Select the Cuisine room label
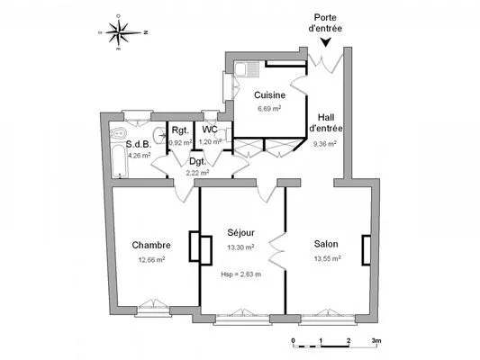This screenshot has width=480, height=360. point(270,95)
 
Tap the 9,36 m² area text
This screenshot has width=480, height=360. point(325,143)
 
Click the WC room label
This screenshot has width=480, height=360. point(208,130)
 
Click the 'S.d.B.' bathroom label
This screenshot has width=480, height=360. point(138,144)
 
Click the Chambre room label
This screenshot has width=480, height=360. point(151,246)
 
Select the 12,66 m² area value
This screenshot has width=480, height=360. point(151,260)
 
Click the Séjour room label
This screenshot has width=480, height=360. point(241,232)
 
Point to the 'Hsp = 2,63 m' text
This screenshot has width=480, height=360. point(240,274)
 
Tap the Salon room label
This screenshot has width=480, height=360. point(326,244)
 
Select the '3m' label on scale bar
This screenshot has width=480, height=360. point(376,342)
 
